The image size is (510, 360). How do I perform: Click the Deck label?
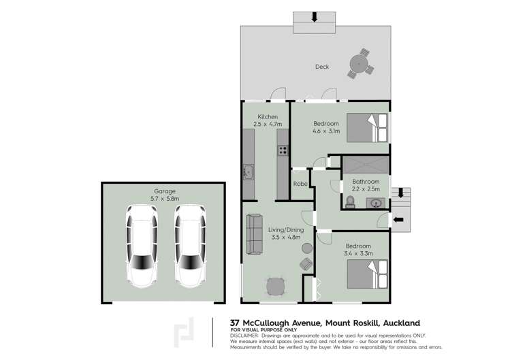321,67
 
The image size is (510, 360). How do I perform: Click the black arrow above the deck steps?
314,17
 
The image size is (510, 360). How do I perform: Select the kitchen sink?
248,172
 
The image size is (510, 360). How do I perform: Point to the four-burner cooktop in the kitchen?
282,151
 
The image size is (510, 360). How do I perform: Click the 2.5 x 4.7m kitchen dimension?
267,125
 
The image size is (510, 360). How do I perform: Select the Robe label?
300,184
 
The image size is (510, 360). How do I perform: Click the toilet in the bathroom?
350,201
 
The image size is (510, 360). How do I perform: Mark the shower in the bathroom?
365,165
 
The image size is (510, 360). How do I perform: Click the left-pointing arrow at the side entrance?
399,219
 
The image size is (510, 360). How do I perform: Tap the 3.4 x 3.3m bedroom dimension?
357,254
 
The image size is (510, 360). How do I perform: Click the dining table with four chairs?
276,287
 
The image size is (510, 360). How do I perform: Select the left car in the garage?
142,244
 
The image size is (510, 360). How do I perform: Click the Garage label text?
163,191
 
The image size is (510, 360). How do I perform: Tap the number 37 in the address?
235,323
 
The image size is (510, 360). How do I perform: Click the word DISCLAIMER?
244,336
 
